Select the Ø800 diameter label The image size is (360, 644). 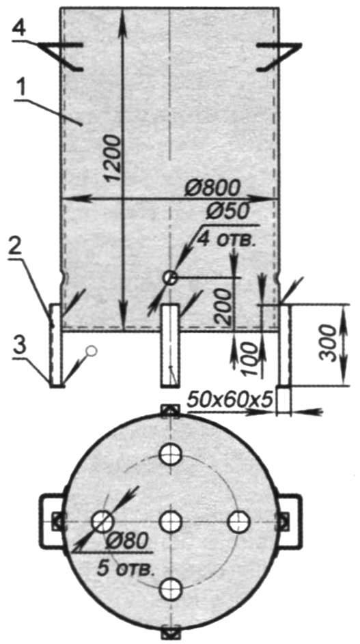click(x=212, y=189)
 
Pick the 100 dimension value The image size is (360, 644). click(x=250, y=359)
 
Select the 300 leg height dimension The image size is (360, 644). click(x=329, y=343)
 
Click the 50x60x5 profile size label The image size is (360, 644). click(x=230, y=400)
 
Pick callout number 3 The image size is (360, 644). click(x=19, y=347)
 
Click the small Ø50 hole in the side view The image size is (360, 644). click(x=169, y=278)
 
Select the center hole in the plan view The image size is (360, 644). click(x=171, y=522)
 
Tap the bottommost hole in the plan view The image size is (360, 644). click(x=171, y=589)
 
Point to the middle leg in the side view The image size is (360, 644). click(x=169, y=345)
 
